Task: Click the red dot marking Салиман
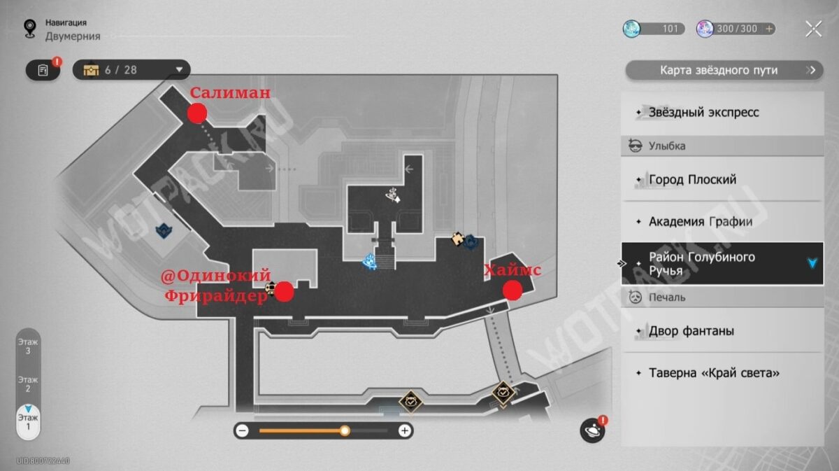[x=197, y=112]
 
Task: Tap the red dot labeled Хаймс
[x=512, y=290]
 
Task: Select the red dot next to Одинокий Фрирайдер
[x=283, y=292]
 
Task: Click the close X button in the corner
[x=813, y=29]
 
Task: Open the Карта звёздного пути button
[x=724, y=70]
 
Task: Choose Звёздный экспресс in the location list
[x=722, y=113]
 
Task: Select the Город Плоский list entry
[x=722, y=180]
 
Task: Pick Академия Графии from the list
[x=722, y=222]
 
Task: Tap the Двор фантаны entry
[x=722, y=331]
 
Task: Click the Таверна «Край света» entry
[x=722, y=373]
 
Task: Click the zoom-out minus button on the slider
[x=242, y=430]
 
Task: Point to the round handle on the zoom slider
[x=345, y=430]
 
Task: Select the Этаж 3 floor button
[x=28, y=346]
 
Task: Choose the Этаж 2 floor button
[x=28, y=384]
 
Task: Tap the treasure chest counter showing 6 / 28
[x=131, y=70]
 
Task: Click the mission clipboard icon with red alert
[x=44, y=70]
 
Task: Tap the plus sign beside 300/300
[x=770, y=29]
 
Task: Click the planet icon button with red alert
[x=591, y=430]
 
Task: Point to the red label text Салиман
[x=230, y=93]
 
